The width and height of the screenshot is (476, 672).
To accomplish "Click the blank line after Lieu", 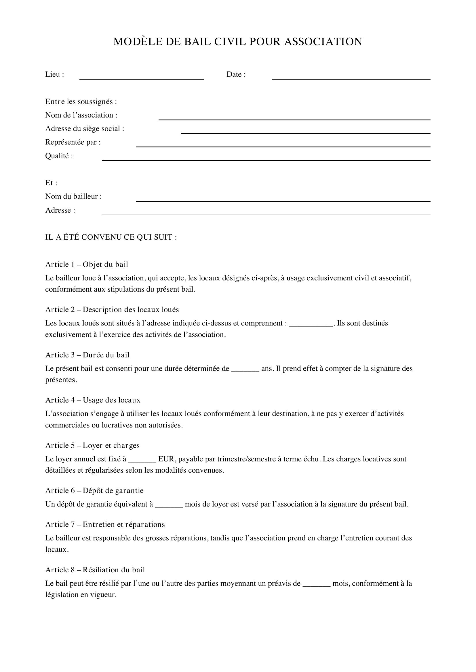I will pyautogui.click(x=142, y=78).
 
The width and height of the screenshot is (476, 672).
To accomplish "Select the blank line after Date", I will pyautogui.click(x=351, y=78).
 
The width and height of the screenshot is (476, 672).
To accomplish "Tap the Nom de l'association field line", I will pyautogui.click(x=294, y=119).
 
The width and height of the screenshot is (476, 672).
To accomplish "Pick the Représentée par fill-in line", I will pyautogui.click(x=283, y=146).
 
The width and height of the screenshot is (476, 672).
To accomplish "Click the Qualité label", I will pyautogui.click(x=59, y=156).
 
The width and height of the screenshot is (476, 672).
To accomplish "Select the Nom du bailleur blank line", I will pyautogui.click(x=283, y=201).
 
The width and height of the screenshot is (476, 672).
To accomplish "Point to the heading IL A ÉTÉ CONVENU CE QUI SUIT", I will pyautogui.click(x=111, y=237).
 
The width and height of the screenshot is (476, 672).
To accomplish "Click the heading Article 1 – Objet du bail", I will pyautogui.click(x=87, y=265).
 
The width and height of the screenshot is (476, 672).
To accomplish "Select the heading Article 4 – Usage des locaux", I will pyautogui.click(x=93, y=400).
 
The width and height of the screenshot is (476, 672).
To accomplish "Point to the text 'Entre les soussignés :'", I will pyautogui.click(x=81, y=101).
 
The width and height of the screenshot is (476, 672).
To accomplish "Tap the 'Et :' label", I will pyautogui.click(x=51, y=183).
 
